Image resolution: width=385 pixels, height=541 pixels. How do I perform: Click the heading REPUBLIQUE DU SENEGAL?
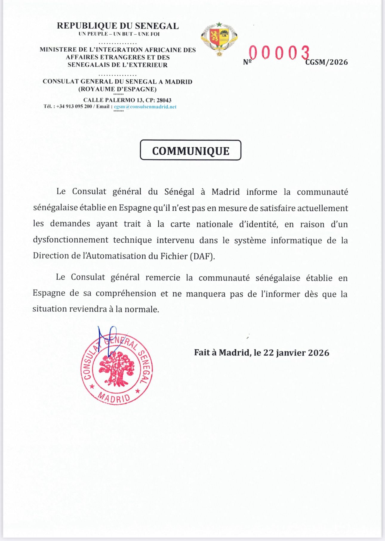118,26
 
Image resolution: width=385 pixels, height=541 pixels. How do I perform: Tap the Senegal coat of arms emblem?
219,39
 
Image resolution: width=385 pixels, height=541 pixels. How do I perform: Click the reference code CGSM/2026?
327,62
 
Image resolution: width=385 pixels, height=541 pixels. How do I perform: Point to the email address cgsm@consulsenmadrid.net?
145,107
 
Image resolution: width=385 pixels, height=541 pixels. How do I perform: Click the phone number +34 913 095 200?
74,107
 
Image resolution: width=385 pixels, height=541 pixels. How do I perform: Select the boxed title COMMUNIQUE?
191,151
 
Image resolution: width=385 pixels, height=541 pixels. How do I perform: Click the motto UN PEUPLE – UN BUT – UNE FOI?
119,34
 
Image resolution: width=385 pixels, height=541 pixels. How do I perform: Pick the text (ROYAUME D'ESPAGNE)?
117,89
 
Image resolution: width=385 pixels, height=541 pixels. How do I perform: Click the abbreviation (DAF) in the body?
202,256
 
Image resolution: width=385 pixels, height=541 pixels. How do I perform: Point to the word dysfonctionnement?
71,240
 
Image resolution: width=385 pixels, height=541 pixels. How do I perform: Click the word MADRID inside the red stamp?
114,398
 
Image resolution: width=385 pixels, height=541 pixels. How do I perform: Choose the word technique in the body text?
133,240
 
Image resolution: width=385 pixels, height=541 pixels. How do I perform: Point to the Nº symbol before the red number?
247,62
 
